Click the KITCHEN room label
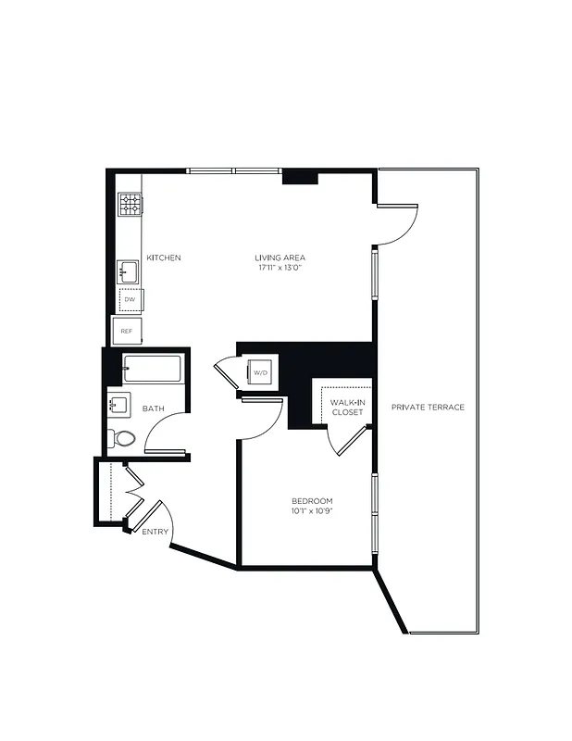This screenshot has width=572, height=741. [163, 257]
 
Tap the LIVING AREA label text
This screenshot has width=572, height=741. [280, 257]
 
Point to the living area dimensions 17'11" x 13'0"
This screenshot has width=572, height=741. [280, 268]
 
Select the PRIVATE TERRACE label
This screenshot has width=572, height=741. [428, 408]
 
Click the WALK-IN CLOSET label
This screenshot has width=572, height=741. [347, 407]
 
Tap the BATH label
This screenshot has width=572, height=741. [154, 408]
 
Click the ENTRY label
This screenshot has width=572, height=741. [155, 532]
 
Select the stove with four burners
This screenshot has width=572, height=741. [129, 204]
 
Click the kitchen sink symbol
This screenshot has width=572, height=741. [128, 272]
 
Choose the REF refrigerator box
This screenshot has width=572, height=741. [127, 331]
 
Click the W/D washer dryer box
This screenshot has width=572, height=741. [260, 373]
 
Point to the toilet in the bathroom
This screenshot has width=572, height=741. [122, 437]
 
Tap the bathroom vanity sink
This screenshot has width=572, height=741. [118, 405]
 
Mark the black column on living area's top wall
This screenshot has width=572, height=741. [300, 177]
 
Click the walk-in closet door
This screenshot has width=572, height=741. [349, 441]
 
